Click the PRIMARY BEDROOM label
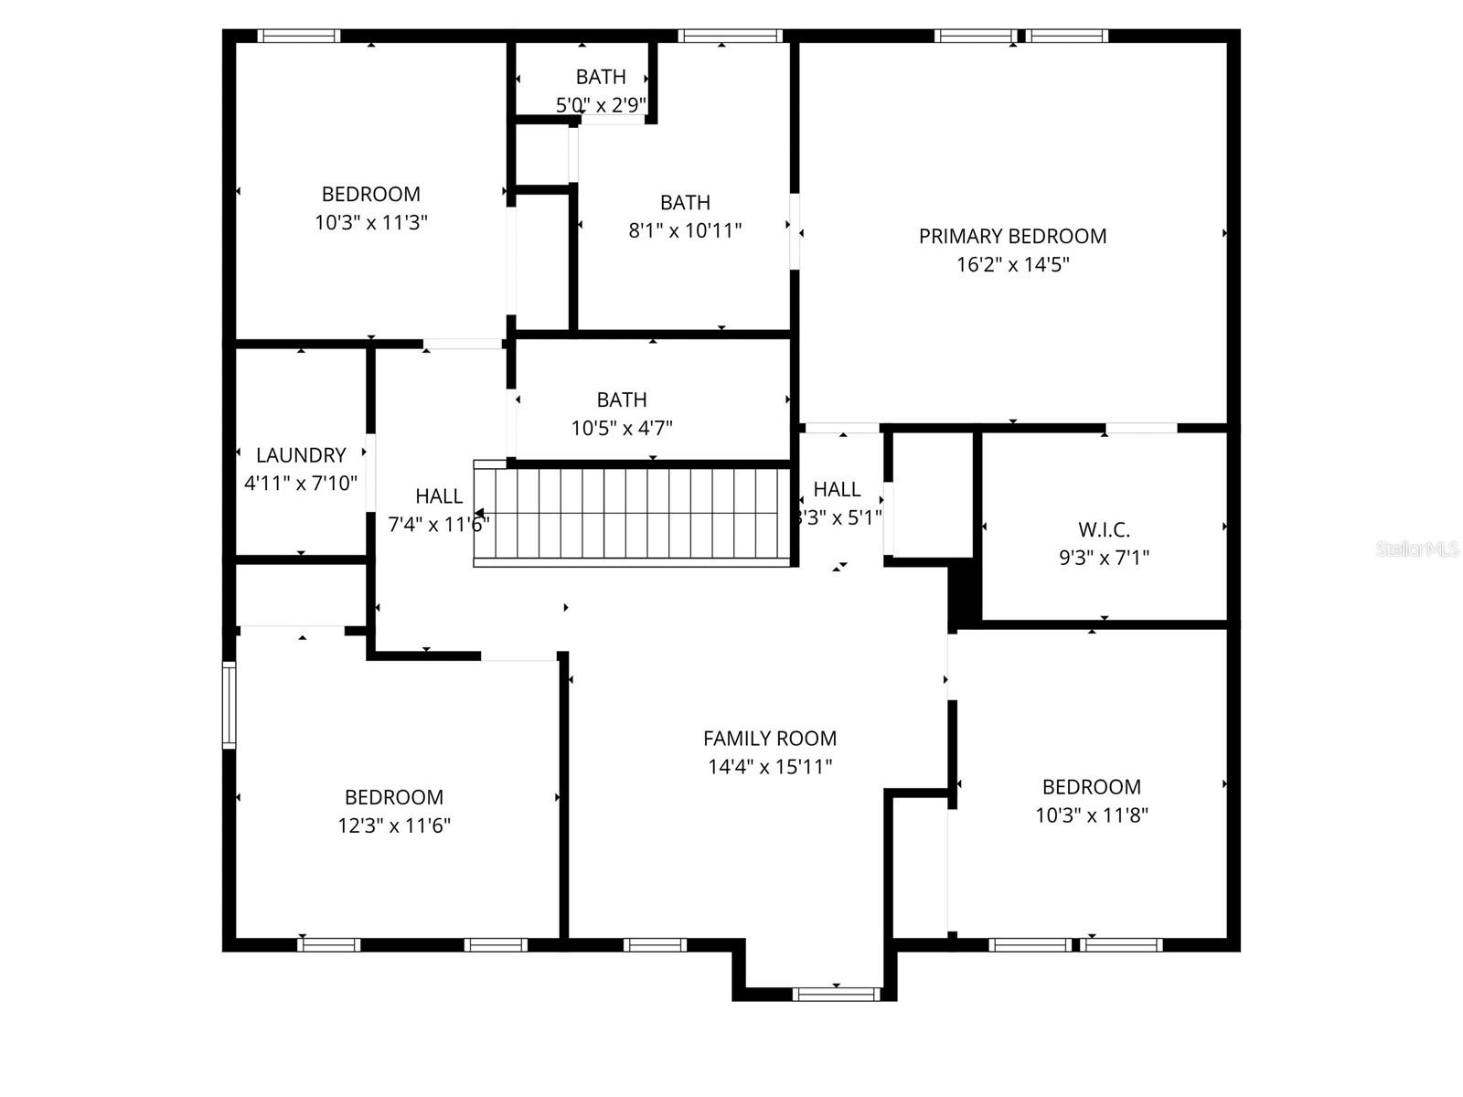1012,236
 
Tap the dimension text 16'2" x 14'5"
1012,265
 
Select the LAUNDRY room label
301,455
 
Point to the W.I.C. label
1104,529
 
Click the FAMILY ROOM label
770,739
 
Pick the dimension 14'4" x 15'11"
770,767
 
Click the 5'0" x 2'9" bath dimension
601,105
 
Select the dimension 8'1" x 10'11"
685,230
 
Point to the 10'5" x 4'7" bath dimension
622,428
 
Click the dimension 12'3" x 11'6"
394,825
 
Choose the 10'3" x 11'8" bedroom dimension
1092,815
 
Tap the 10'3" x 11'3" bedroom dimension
371,222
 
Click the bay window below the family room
837,994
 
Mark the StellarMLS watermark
1416,549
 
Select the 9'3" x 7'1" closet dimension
1104,558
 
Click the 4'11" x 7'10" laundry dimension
301,484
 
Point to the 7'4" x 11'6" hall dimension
438,525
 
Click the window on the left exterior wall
230,706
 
